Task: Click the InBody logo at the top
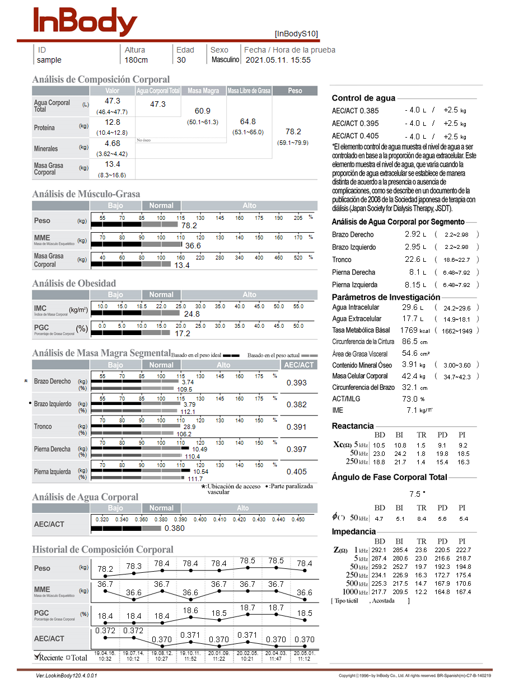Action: (x=85, y=22)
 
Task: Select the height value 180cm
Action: (x=136, y=60)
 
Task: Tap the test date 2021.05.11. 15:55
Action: (x=278, y=60)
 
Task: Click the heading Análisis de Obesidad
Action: (x=74, y=283)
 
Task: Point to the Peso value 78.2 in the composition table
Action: (x=293, y=131)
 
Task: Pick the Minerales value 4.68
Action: (x=113, y=144)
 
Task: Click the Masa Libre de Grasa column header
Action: (x=249, y=91)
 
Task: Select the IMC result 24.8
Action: (x=191, y=314)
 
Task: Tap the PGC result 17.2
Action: (x=183, y=333)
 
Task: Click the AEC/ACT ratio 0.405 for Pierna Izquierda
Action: (x=297, y=472)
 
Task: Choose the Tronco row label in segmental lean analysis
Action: (x=44, y=427)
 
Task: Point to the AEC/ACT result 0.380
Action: (x=175, y=528)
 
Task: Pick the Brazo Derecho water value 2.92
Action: (x=412, y=234)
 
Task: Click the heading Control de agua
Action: (x=363, y=98)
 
